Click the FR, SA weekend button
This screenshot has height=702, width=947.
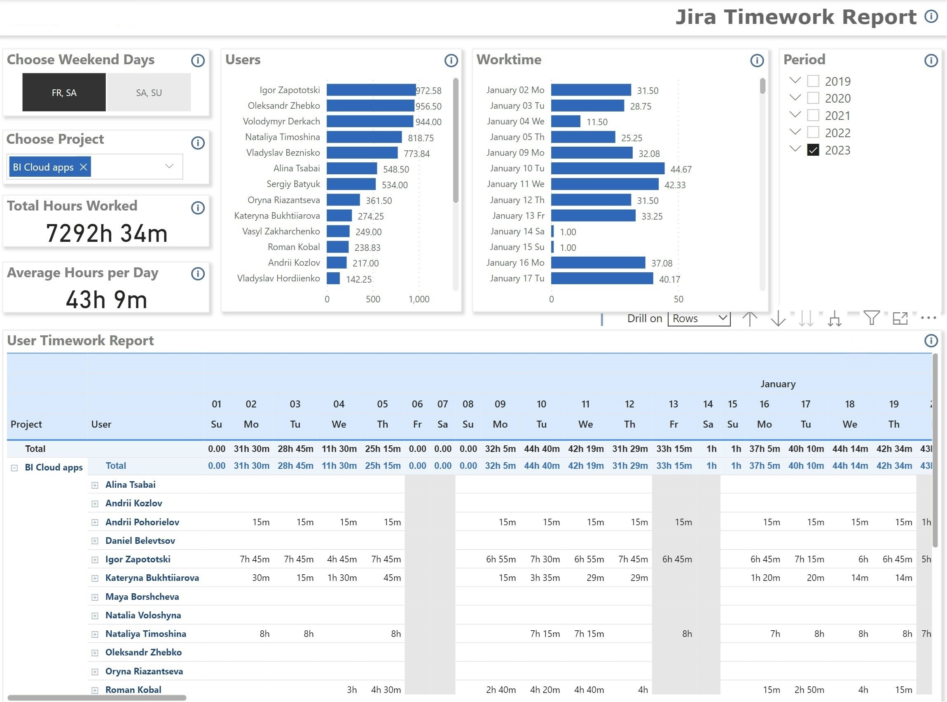(64, 92)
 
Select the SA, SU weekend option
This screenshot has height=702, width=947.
(149, 92)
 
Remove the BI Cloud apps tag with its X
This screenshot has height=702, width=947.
(83, 167)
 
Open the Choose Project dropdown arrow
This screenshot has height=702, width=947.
(169, 166)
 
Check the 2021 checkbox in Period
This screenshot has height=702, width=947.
(813, 115)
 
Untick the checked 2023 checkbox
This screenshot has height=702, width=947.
(813, 150)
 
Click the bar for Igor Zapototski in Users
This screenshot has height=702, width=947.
(371, 90)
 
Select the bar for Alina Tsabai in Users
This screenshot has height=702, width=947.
(351, 168)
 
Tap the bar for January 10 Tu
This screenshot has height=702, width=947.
(608, 168)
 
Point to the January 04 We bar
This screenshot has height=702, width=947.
(566, 122)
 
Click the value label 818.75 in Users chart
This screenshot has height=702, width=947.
(420, 138)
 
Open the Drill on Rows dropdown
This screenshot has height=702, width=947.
(699, 318)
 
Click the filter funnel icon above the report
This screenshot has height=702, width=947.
(871, 318)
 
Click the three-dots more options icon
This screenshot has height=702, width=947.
(928, 318)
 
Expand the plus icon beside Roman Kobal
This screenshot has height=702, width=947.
(95, 690)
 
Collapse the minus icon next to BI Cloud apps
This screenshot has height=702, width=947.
(14, 468)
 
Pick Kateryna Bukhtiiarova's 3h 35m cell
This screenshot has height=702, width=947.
(545, 578)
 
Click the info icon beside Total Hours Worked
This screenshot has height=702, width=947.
(198, 208)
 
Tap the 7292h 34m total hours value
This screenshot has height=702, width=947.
(107, 233)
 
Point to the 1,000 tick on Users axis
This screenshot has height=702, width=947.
(419, 299)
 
